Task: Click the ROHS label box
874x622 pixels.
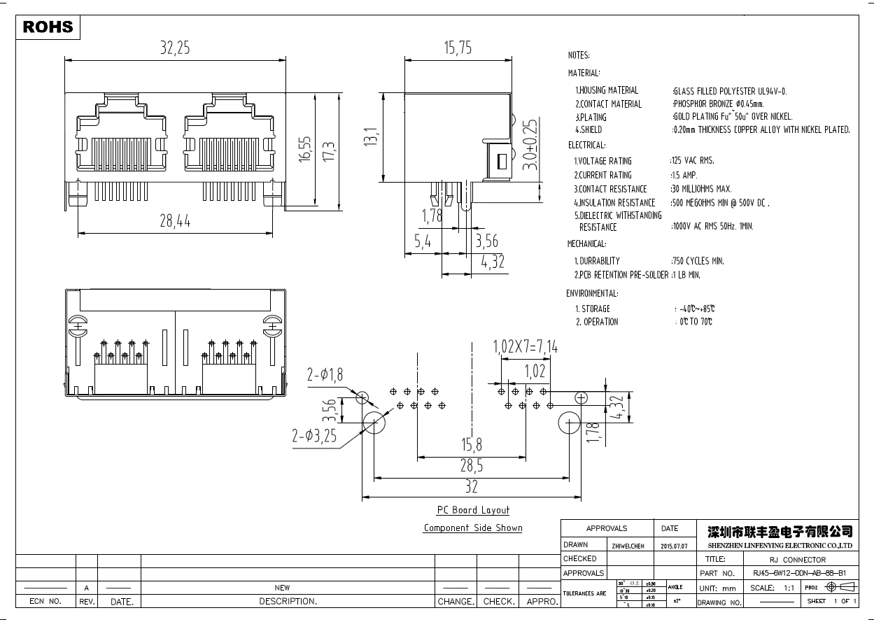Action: pyautogui.click(x=48, y=27)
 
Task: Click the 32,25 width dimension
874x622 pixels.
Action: pyautogui.click(x=175, y=48)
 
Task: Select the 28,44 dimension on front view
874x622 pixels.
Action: pyautogui.click(x=175, y=221)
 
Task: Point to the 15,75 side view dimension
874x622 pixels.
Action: pyautogui.click(x=458, y=48)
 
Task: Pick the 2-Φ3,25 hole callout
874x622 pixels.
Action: pyautogui.click(x=314, y=436)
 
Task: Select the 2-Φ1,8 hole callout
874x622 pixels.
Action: pyautogui.click(x=325, y=375)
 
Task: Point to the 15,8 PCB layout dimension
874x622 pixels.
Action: pyautogui.click(x=472, y=445)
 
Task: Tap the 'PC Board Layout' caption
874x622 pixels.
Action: pyautogui.click(x=473, y=510)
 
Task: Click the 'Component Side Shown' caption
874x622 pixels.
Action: pyautogui.click(x=473, y=528)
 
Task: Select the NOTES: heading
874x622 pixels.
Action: pyautogui.click(x=579, y=55)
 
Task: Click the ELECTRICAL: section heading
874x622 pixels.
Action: pyautogui.click(x=586, y=145)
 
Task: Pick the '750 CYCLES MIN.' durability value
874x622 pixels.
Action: pyautogui.click(x=698, y=261)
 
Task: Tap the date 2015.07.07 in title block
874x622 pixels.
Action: pyautogui.click(x=675, y=546)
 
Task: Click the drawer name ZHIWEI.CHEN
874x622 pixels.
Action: pyautogui.click(x=628, y=546)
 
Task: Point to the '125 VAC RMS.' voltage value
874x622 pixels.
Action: pyautogui.click(x=693, y=161)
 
